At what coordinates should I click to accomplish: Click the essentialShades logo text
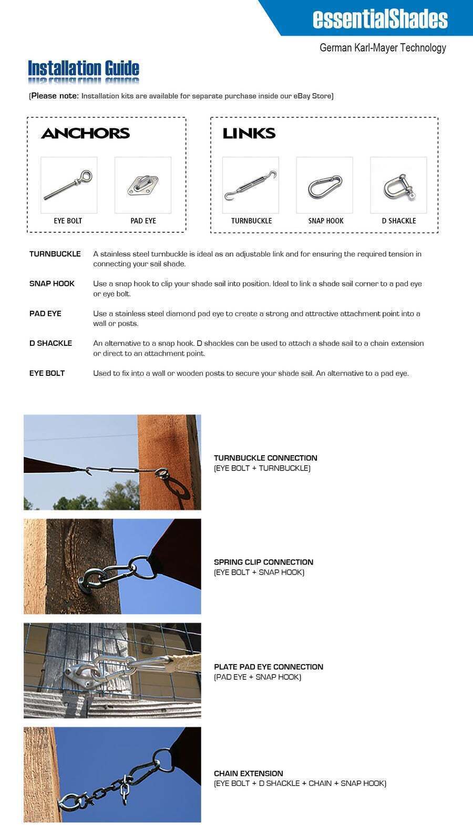tap(380, 18)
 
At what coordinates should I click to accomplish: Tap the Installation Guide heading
tap(83, 68)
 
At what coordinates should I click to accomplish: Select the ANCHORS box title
tap(85, 134)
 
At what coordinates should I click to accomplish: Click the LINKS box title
tap(249, 134)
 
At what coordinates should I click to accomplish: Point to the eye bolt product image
tap(69, 185)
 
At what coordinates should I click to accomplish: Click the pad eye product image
tap(142, 185)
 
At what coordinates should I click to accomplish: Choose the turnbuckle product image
tap(250, 185)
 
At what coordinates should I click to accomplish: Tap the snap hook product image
tap(324, 185)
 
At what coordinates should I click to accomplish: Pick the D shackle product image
tap(398, 185)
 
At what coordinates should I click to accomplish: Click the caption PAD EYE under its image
tap(143, 221)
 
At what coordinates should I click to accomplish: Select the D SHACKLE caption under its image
tap(398, 221)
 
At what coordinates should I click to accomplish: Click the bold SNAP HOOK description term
tap(52, 284)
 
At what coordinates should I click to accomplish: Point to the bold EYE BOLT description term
tap(47, 373)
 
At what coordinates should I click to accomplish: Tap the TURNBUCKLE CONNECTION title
tap(265, 458)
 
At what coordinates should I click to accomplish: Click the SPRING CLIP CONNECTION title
tap(263, 562)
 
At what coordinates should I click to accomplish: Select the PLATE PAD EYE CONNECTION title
tap(269, 667)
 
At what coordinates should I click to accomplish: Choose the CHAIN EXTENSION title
tap(248, 773)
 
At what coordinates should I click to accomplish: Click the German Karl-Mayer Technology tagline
tap(383, 48)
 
